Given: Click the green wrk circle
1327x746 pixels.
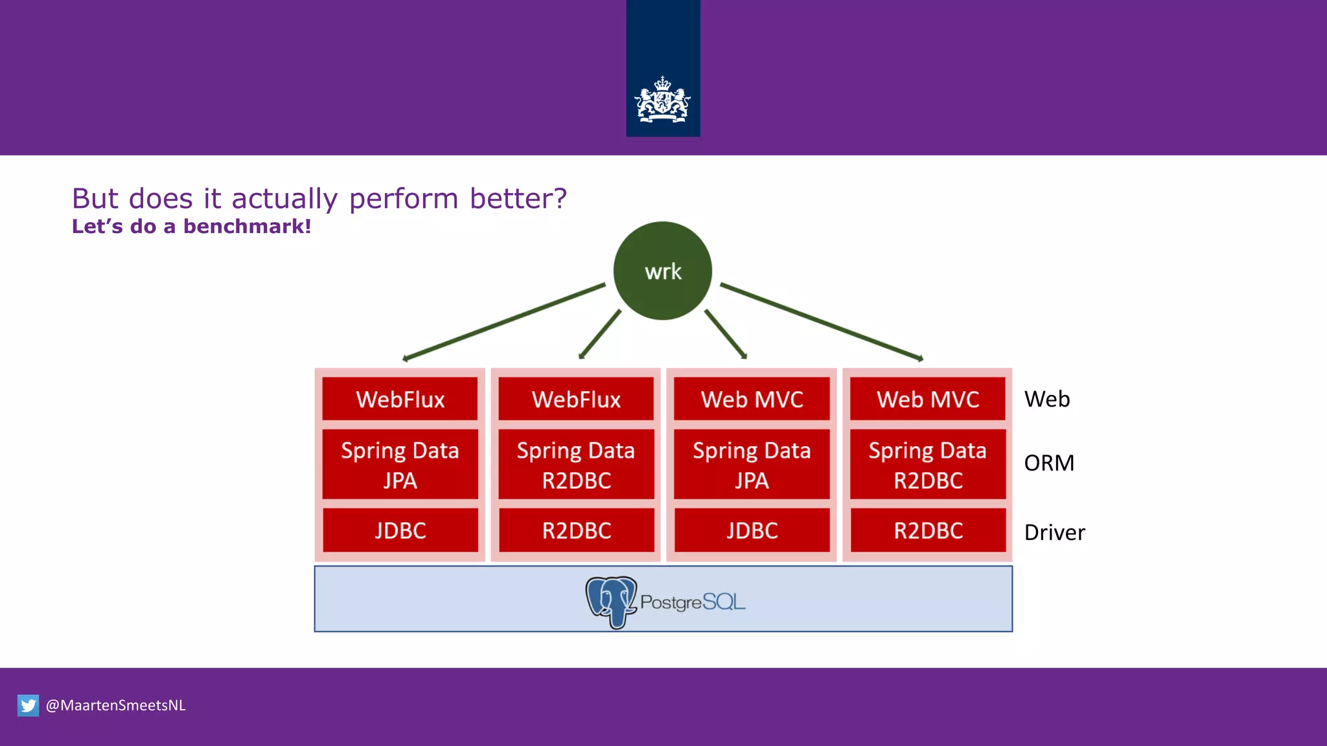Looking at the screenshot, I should tap(662, 271).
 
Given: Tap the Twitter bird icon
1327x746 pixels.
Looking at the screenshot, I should tap(28, 705).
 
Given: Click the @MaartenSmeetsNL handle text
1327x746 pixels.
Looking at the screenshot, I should tap(115, 705).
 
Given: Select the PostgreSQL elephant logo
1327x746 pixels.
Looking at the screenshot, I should tap(610, 601).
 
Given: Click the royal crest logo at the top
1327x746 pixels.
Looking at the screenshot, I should tap(662, 100).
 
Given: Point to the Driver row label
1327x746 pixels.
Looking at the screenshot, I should tap(1054, 532).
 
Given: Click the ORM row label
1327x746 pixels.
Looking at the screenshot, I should tap(1049, 463).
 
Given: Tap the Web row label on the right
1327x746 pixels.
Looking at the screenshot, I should tap(1046, 399).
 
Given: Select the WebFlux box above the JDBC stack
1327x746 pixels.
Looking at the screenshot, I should tap(400, 399).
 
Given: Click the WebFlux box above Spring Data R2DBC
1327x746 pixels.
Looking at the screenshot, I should tap(576, 399).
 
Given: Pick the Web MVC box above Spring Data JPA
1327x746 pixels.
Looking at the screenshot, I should tap(752, 399).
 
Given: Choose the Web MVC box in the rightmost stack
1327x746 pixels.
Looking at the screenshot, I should tap(927, 399).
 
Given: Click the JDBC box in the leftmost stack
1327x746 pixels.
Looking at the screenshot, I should tap(400, 530).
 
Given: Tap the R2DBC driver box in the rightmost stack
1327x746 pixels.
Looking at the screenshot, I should tap(927, 530).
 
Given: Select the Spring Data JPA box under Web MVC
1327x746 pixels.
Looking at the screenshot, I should tap(752, 464).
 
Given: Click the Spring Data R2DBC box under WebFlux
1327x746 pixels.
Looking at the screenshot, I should tap(576, 464).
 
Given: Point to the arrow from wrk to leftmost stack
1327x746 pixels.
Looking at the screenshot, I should tap(504, 321).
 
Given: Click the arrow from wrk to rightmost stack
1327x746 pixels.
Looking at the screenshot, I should tap(822, 321).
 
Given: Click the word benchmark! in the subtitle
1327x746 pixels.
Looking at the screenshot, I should tap(247, 226).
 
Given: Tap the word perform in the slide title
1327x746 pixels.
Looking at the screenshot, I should tap(403, 198).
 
